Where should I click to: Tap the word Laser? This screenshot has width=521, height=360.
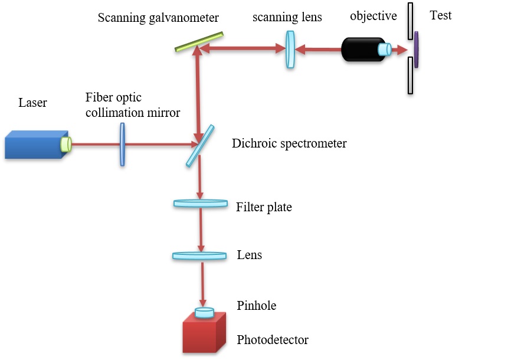tap(33, 103)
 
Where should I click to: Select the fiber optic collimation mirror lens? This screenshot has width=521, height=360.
tap(122, 144)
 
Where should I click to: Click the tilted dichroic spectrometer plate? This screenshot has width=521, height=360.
tap(195, 145)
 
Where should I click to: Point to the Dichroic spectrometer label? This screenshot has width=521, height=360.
tap(289, 143)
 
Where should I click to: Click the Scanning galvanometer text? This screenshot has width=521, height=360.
tap(159, 18)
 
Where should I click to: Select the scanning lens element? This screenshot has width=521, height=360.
tap(290, 49)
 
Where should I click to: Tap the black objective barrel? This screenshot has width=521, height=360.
tap(361, 50)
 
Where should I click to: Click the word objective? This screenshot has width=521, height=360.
tap(373, 16)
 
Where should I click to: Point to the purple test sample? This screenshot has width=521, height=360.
tap(416, 50)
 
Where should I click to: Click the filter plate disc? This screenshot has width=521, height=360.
tap(201, 204)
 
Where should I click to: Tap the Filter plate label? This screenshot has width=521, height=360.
tap(264, 207)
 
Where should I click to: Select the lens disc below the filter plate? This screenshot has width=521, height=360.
tap(199, 256)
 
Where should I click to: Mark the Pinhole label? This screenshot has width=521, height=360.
tap(256, 306)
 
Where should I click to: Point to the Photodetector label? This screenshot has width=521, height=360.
tap(272, 340)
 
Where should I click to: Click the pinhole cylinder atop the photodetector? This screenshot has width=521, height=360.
tap(204, 313)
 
